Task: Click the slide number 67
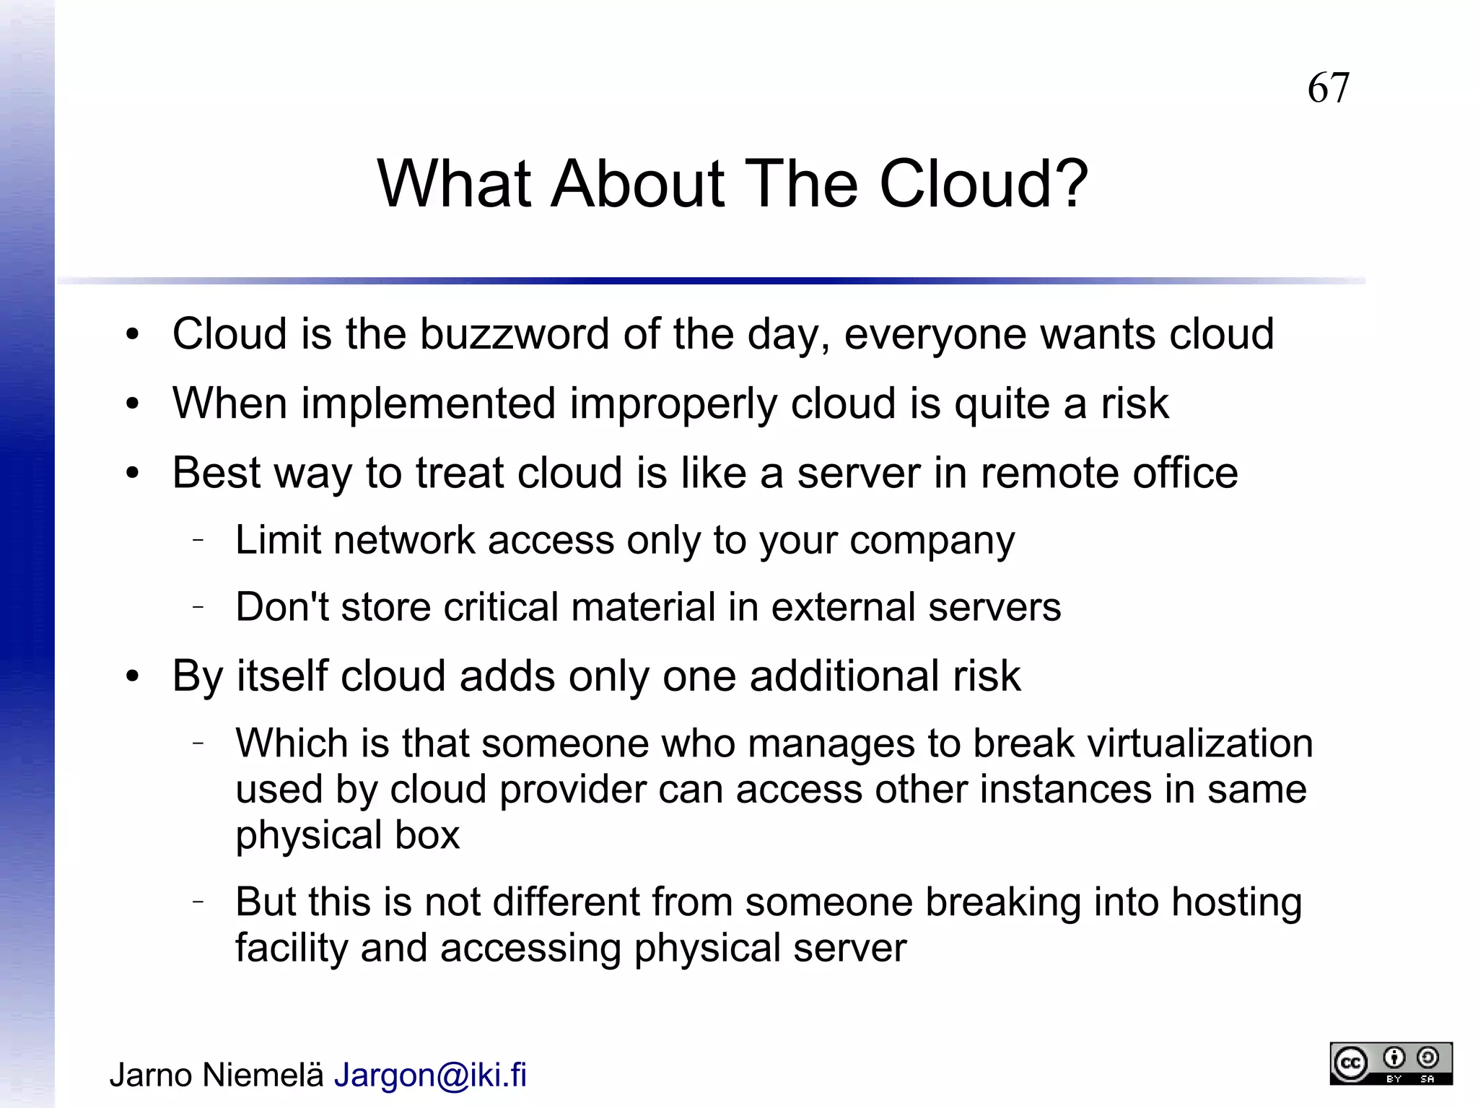[x=1328, y=88]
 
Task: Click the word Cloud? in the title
[x=983, y=184]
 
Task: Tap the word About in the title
[x=637, y=184]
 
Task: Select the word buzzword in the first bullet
[x=514, y=334]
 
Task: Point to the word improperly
[x=673, y=403]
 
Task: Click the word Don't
[x=281, y=606]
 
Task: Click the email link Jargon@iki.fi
[x=430, y=1075]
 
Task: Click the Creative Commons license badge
[x=1391, y=1063]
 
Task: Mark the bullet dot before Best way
[x=131, y=474]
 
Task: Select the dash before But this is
[x=198, y=901]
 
